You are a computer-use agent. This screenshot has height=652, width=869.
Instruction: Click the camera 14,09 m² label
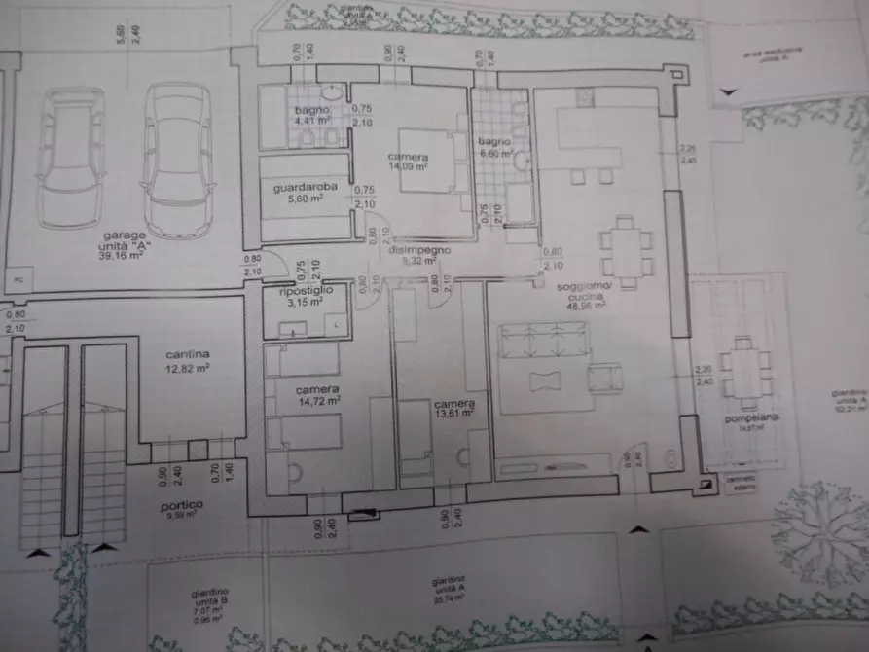coord(408,161)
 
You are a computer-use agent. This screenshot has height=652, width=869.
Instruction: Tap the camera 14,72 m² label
coord(318,393)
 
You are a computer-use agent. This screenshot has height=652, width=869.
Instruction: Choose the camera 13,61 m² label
coord(454,407)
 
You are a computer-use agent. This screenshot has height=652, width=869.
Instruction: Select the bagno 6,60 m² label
coord(494,147)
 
